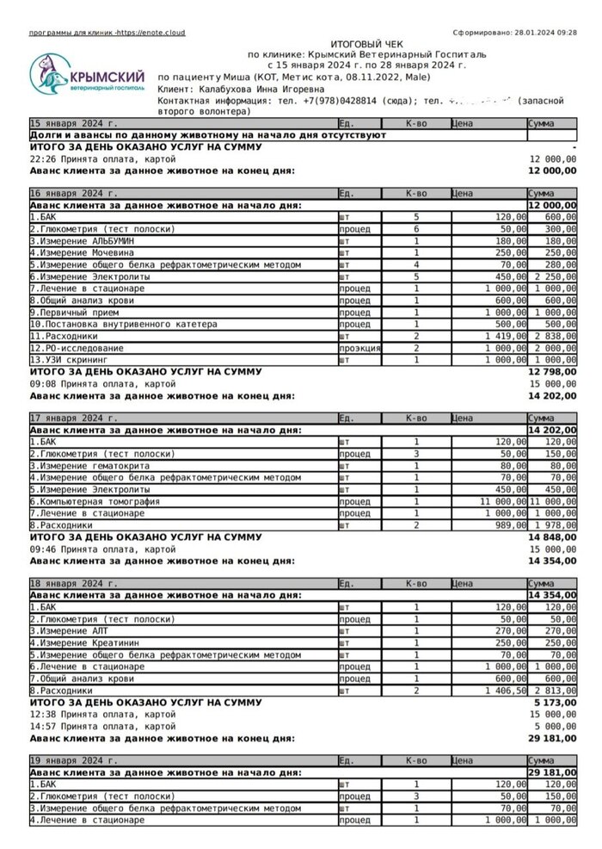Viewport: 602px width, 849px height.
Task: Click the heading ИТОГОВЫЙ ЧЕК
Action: [367, 43]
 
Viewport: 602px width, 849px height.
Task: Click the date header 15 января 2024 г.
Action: [74, 124]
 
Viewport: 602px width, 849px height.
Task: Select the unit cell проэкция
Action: [359, 348]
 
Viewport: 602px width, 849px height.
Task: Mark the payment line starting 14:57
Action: [102, 726]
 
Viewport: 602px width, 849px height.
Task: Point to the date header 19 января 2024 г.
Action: [74, 761]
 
